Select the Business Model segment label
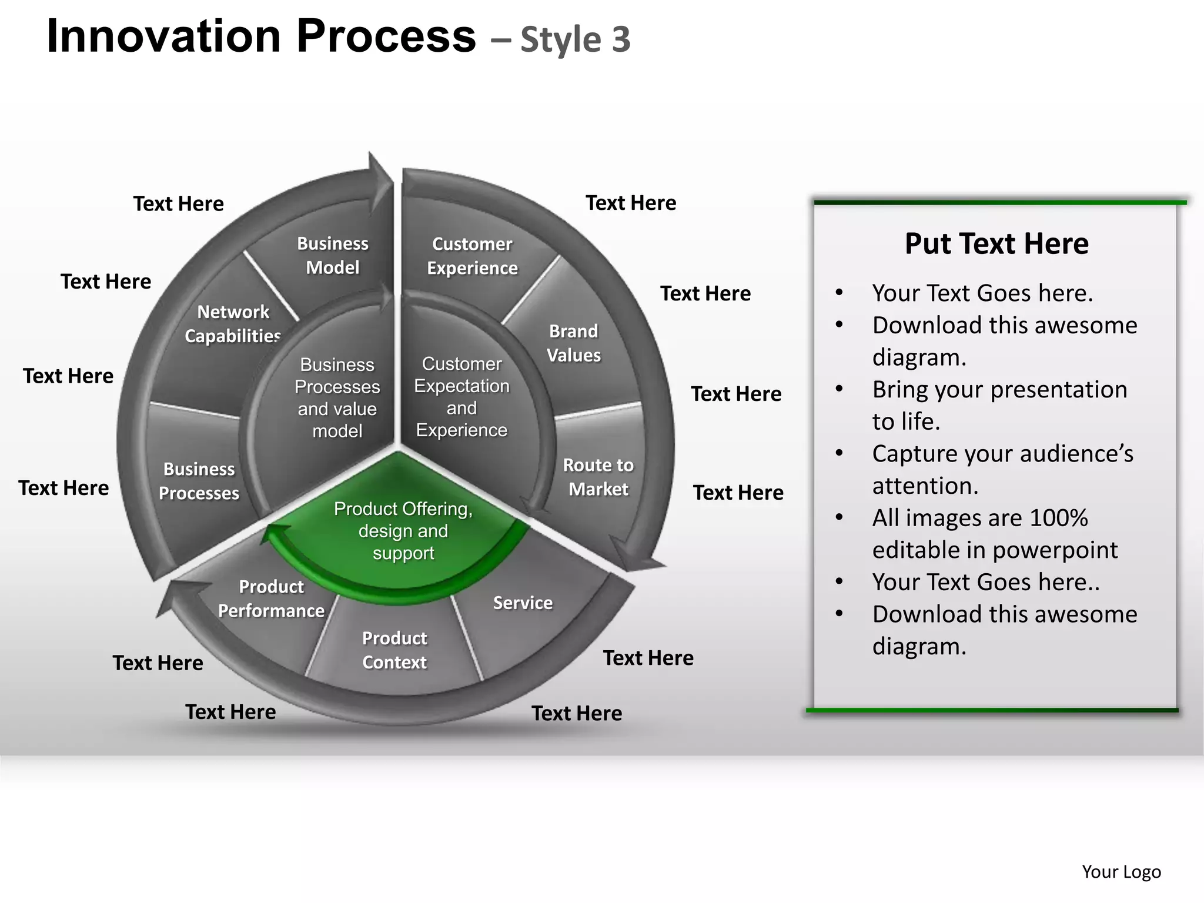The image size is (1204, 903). coord(333,256)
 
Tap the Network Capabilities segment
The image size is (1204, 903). coord(233,324)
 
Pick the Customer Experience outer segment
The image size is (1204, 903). coord(472,256)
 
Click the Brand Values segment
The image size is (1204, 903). coord(574,343)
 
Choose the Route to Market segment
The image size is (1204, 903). coord(598,477)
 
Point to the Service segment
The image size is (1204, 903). coord(523,603)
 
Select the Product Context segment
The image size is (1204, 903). coord(394,650)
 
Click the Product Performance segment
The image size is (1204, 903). coord(271,598)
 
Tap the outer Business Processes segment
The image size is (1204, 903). coord(199,481)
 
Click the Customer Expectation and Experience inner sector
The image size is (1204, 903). coord(461,397)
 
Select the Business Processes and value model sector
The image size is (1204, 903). coord(337,398)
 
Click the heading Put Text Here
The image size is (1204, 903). coord(996,243)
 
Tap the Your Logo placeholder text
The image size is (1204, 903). coord(1121,872)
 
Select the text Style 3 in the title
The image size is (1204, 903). coord(576,40)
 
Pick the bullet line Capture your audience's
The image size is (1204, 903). coord(1002,454)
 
